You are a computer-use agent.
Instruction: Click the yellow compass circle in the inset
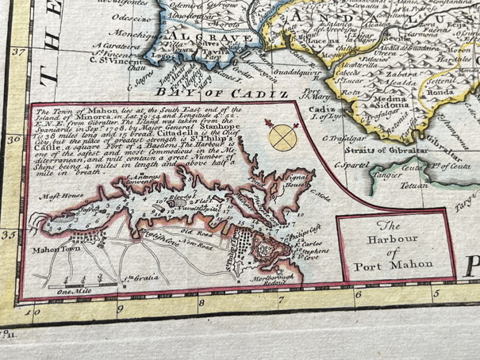click(279, 138)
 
